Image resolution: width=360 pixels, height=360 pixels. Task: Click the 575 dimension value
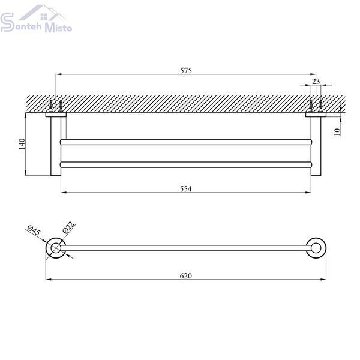[186, 70]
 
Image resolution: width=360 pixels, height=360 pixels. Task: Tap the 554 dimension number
[186, 189]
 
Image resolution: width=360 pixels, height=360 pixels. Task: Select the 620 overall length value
[186, 275]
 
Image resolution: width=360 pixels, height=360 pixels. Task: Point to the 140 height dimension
[22, 144]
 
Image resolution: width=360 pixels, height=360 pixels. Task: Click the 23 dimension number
[316, 81]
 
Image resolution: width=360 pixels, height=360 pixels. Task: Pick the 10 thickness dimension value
[337, 132]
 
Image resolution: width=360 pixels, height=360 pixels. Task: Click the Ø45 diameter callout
[34, 230]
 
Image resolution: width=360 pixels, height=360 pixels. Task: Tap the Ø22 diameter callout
[68, 227]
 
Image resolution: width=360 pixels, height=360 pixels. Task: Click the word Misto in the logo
[58, 28]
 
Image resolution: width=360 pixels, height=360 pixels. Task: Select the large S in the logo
[7, 22]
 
